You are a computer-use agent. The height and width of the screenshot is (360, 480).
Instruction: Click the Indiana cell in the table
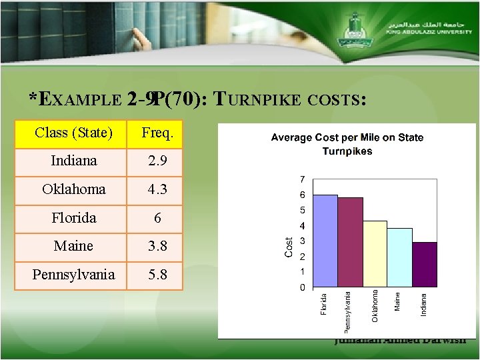pyautogui.click(x=73, y=161)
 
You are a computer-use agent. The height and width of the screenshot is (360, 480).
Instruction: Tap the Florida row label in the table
pyautogui.click(x=73, y=218)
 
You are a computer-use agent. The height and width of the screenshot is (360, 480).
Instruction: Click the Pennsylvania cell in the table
pyautogui.click(x=73, y=275)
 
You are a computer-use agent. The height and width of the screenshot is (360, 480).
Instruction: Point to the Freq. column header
pyautogui.click(x=157, y=133)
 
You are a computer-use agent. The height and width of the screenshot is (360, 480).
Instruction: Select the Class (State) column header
pyautogui.click(x=73, y=133)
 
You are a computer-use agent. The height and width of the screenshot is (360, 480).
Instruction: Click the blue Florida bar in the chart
pyautogui.click(x=325, y=240)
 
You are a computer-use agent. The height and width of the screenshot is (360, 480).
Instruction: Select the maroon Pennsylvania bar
pyautogui.click(x=351, y=242)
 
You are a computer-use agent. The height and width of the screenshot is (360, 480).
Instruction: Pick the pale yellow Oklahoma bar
pyautogui.click(x=375, y=253)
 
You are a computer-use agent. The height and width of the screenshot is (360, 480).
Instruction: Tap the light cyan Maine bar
pyautogui.click(x=400, y=257)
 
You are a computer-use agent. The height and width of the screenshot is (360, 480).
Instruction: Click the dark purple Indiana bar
pyautogui.click(x=425, y=265)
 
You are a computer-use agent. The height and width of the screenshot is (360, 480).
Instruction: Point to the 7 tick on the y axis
pyautogui.click(x=303, y=179)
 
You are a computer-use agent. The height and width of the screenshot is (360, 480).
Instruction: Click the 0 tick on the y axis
pyautogui.click(x=303, y=287)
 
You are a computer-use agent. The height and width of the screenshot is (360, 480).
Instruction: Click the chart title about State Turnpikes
pyautogui.click(x=347, y=144)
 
